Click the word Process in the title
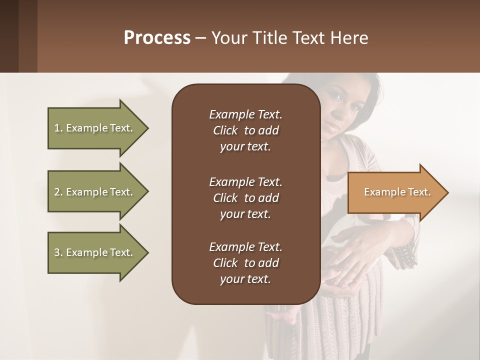(157, 38)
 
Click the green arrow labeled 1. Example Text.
(95, 128)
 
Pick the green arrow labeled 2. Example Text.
(95, 192)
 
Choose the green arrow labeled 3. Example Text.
(95, 252)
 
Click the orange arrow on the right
(395, 192)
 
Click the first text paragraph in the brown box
(245, 130)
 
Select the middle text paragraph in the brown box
(245, 197)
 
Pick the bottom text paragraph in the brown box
(245, 263)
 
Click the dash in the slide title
(200, 38)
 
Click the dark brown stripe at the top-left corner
(9, 36)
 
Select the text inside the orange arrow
(397, 192)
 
